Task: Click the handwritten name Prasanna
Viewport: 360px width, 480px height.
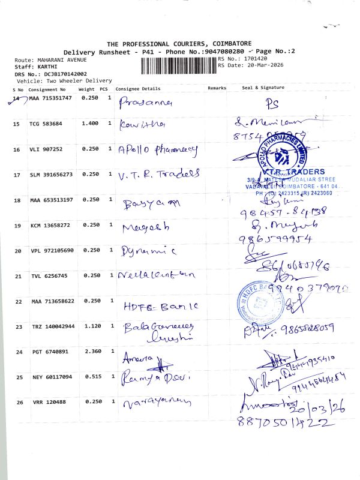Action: click(x=146, y=102)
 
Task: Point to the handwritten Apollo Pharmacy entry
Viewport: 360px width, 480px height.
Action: click(x=158, y=149)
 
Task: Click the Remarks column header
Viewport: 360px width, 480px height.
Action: click(x=217, y=88)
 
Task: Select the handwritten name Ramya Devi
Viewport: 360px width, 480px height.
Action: click(x=155, y=379)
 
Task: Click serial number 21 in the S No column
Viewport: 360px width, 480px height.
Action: click(x=17, y=276)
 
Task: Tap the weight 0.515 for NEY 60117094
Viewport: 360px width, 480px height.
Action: click(x=89, y=377)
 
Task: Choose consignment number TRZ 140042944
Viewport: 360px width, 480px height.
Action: click(x=51, y=327)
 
